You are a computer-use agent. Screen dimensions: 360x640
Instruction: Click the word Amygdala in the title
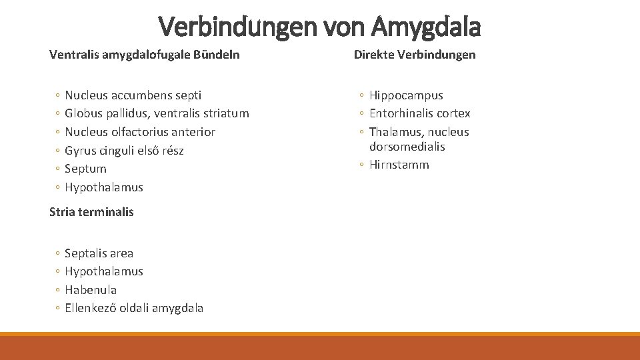tap(425, 27)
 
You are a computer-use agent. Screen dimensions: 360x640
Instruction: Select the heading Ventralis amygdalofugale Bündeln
tap(145, 55)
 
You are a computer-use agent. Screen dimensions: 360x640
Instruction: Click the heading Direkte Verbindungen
tap(415, 55)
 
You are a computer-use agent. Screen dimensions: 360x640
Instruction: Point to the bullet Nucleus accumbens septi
tap(133, 95)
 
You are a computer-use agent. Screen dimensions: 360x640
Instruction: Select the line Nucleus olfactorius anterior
tap(140, 132)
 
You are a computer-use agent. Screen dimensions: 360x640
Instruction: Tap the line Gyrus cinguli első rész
tap(124, 151)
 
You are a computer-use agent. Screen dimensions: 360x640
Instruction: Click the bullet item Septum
tap(85, 169)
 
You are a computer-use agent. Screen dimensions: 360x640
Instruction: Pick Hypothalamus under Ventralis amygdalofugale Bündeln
tap(104, 187)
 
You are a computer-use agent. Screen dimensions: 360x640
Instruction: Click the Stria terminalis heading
tap(91, 212)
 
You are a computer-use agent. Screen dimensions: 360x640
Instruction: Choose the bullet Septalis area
tap(99, 253)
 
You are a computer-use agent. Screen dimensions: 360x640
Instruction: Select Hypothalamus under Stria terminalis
tap(104, 271)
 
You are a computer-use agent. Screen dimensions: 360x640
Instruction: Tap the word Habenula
tap(91, 290)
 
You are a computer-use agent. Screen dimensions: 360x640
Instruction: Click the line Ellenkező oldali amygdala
tap(134, 308)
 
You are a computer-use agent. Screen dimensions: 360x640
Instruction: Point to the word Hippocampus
tap(406, 95)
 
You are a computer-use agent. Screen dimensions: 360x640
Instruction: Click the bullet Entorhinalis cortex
tap(420, 113)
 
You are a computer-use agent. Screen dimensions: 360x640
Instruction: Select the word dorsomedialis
tap(407, 147)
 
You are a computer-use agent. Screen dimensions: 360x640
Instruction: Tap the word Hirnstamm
tap(399, 165)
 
